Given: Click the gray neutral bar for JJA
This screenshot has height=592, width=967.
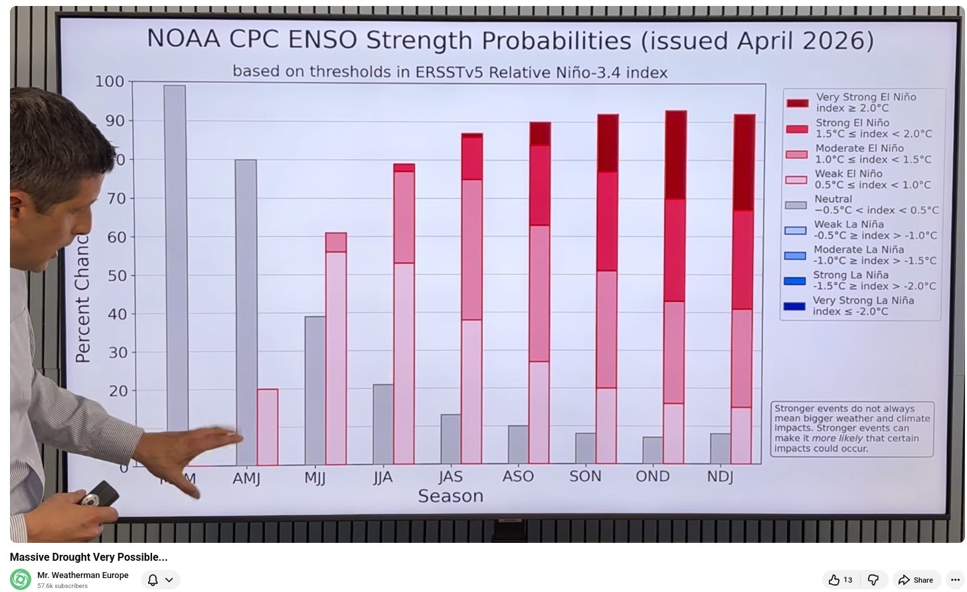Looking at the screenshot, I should pos(383,424).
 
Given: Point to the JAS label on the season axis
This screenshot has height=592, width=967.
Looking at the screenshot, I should pos(450,477).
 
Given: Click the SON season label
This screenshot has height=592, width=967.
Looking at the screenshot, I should pos(585,477).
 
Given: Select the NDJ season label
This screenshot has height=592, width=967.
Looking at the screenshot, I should pos(720,477).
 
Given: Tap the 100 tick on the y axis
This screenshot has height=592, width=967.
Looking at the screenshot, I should pos(110,82).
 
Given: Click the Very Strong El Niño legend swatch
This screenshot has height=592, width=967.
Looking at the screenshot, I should pos(797,103).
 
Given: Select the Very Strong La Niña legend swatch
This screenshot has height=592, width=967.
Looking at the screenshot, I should pos(794,306).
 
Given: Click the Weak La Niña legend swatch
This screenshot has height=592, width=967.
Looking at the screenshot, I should pos(795,230).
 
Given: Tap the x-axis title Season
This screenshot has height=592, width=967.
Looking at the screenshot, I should pos(450,496).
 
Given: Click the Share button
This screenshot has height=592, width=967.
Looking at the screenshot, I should pos(917,580).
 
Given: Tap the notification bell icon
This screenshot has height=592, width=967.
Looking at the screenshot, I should pos(153,580).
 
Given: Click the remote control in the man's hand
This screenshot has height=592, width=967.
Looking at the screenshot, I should pos(100,494).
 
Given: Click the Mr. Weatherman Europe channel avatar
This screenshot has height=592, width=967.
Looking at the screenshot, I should pos(21,579).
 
